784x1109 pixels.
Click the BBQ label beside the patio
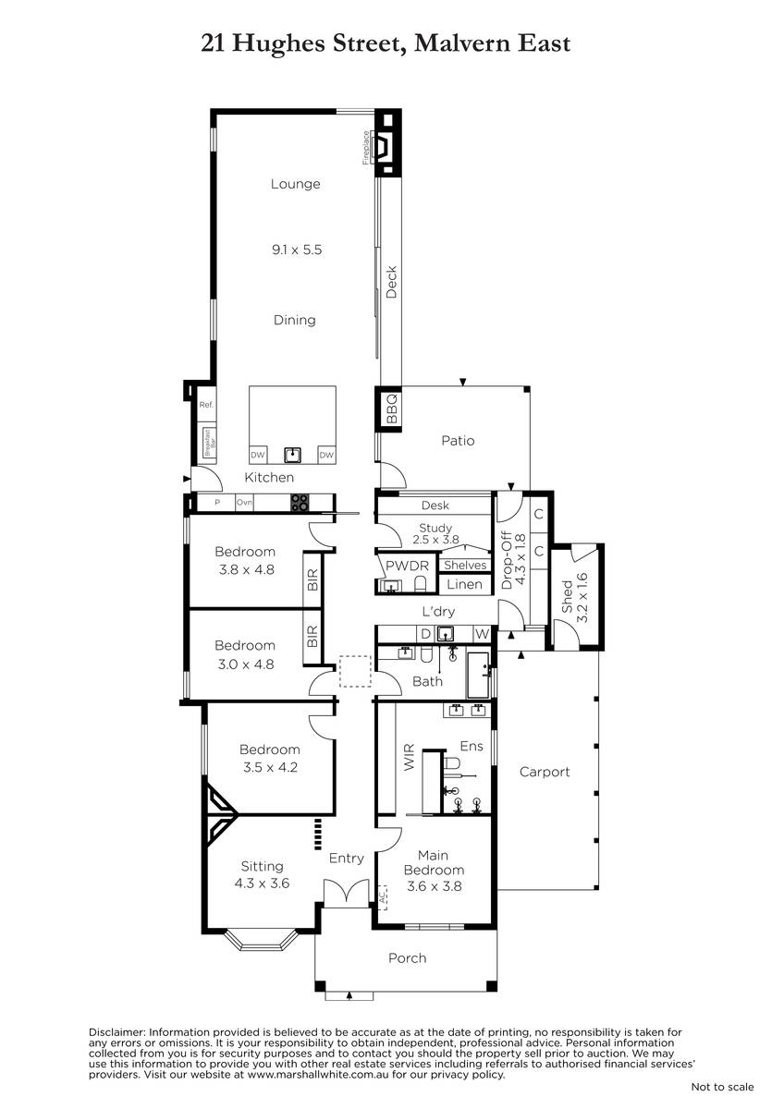(392, 408)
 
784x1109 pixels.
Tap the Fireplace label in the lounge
(366, 147)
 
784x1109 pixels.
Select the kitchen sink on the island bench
(292, 455)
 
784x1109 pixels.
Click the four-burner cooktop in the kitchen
(300, 502)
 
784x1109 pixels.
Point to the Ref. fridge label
(206, 405)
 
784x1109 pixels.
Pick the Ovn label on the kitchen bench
(244, 502)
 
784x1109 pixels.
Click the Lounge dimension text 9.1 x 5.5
(297, 250)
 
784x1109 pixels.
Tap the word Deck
(391, 282)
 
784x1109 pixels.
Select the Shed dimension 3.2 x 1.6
(582, 598)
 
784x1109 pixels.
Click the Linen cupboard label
(464, 584)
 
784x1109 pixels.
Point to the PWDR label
(407, 566)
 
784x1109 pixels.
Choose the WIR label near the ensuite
(409, 762)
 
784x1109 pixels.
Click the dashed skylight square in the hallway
(355, 671)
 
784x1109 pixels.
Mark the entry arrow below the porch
(349, 994)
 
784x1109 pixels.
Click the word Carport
(545, 772)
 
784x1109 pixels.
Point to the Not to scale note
(722, 1087)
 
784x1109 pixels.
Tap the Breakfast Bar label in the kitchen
(209, 442)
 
